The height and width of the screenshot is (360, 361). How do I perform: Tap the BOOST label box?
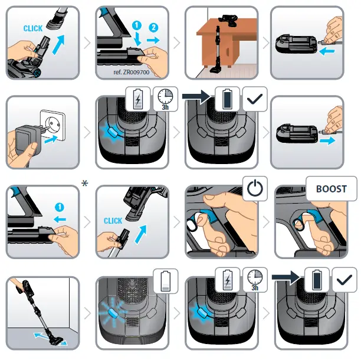(x=332, y=189)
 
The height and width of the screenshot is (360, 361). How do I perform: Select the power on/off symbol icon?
(x=255, y=189)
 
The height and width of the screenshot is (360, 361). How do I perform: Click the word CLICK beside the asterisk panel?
(x=113, y=221)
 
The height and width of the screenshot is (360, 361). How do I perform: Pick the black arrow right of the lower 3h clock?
(x=284, y=275)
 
